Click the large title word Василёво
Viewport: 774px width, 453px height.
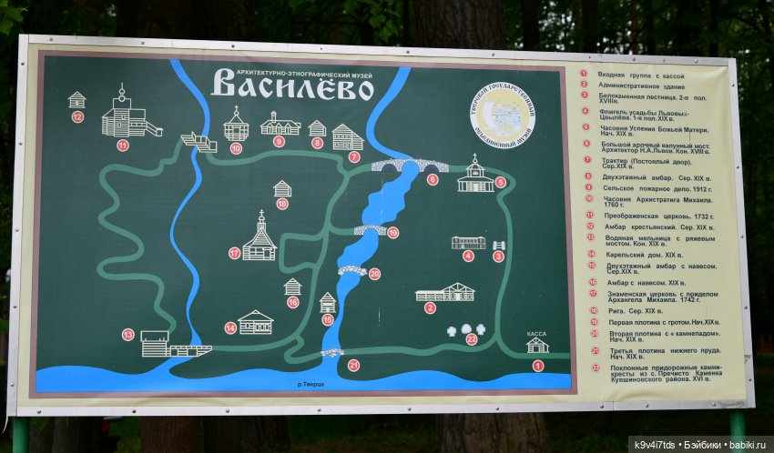292,87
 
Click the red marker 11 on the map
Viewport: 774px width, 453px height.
123,145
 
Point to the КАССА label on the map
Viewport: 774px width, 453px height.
537,334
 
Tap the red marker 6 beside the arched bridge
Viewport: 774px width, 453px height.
433,179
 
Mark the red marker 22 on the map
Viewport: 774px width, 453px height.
471,339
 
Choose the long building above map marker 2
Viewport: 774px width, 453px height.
445,292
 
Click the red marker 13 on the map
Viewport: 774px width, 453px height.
127,335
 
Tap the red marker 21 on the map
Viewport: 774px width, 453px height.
353,365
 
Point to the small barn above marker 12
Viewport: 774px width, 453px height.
76,99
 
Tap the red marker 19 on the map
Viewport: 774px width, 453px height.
392,233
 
